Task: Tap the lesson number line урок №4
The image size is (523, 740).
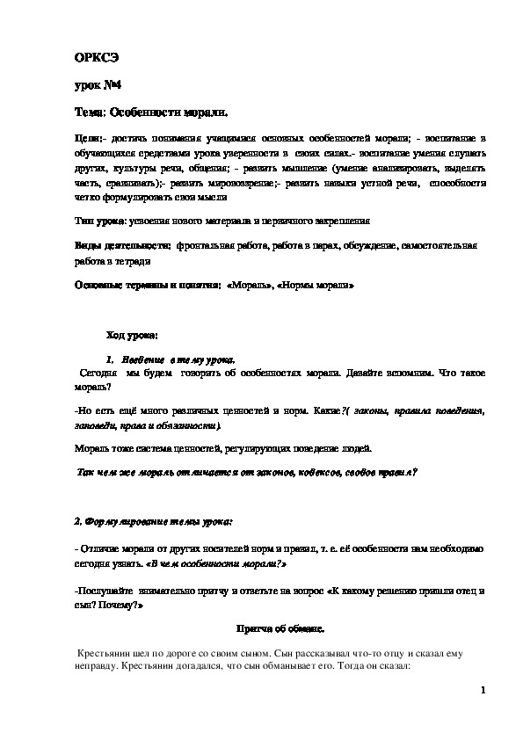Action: click(98, 85)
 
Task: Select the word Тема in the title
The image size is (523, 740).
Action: click(89, 113)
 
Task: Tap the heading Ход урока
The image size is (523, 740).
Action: click(132, 336)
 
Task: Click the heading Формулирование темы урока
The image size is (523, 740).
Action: click(154, 522)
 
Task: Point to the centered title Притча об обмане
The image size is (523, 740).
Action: click(280, 630)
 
